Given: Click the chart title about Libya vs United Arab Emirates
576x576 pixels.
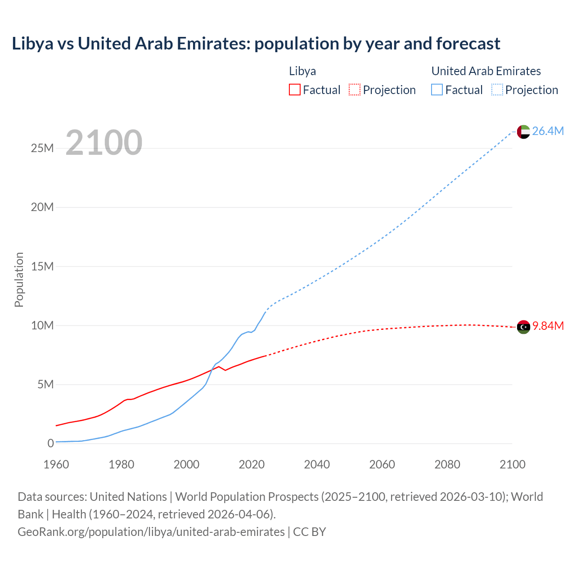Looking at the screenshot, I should click(256, 44).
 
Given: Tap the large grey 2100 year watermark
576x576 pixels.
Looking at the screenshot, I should click(104, 143).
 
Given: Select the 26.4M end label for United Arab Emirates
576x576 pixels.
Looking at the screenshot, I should click(548, 131).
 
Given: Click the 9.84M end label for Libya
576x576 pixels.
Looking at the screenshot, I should click(548, 326).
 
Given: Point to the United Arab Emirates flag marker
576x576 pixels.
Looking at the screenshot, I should click(523, 132).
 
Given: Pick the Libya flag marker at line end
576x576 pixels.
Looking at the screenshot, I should click(523, 327).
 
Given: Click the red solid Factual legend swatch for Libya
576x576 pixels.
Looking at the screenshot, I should click(294, 90).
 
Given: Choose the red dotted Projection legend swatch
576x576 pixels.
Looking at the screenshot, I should click(355, 90).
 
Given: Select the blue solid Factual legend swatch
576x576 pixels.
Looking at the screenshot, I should click(436, 90).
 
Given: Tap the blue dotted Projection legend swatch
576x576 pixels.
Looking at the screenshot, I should click(497, 90).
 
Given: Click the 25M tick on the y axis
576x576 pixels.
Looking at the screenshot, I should click(42, 148).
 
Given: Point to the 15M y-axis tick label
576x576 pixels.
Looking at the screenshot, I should click(42, 266).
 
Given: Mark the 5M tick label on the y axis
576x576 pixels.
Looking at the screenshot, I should click(45, 384).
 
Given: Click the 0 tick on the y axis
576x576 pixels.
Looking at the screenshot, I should click(50, 443).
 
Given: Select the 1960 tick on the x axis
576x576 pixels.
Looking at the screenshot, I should click(56, 464).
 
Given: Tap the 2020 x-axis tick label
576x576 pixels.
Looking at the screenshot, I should click(252, 464).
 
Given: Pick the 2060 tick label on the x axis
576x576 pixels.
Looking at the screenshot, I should click(382, 464).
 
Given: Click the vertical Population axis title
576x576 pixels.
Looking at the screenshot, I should click(19, 279).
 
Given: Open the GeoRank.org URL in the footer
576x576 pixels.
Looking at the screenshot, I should click(151, 532).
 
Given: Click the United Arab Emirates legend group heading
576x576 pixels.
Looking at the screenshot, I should click(486, 71).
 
